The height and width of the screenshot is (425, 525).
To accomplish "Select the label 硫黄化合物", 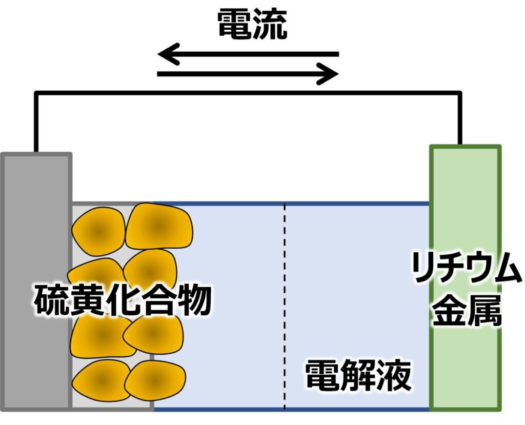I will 123,300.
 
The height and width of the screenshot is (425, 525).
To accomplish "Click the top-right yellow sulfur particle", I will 158,226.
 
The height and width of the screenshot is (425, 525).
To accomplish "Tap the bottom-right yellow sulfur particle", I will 154,381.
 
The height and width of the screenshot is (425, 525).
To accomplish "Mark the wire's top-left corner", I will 36,93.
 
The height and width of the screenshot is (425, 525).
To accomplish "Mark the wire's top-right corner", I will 460,93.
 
